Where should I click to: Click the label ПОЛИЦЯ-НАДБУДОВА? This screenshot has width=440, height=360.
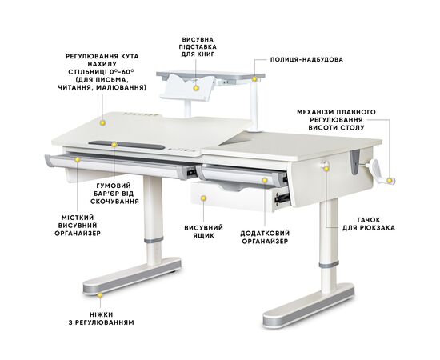tap(306, 60)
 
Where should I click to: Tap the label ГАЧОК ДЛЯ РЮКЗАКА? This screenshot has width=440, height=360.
tap(369, 224)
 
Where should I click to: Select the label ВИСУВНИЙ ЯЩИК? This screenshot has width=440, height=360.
tap(203, 231)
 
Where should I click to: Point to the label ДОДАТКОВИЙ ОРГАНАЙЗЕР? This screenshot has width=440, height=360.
tap(265, 237)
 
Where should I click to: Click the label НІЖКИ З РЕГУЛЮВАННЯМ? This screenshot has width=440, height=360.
tap(102, 318)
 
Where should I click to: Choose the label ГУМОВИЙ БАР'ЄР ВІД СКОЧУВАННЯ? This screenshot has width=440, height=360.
tap(114, 194)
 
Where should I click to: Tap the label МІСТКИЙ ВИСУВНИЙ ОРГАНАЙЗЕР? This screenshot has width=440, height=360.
tap(78, 226)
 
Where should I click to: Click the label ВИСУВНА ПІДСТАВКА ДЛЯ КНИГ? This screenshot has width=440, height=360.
tap(198, 46)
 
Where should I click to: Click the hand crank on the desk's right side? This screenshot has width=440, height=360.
tap(380, 170)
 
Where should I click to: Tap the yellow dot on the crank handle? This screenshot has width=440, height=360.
tap(390, 181)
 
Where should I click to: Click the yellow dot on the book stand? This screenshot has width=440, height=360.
tap(196, 88)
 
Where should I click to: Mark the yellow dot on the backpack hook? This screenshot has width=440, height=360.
tap(326, 169)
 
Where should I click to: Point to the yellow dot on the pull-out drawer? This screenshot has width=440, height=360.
tap(204, 198)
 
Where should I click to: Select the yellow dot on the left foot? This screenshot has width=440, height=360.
tap(100, 295)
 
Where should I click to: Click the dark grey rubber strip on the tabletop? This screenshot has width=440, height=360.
tap(126, 145)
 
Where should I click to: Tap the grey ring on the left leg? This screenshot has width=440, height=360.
tap(154, 240)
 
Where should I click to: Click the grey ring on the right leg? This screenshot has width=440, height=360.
tap(329, 265)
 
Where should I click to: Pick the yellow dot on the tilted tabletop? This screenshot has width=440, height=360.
tap(102, 122)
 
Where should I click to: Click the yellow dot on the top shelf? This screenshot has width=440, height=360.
tap(254, 79)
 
